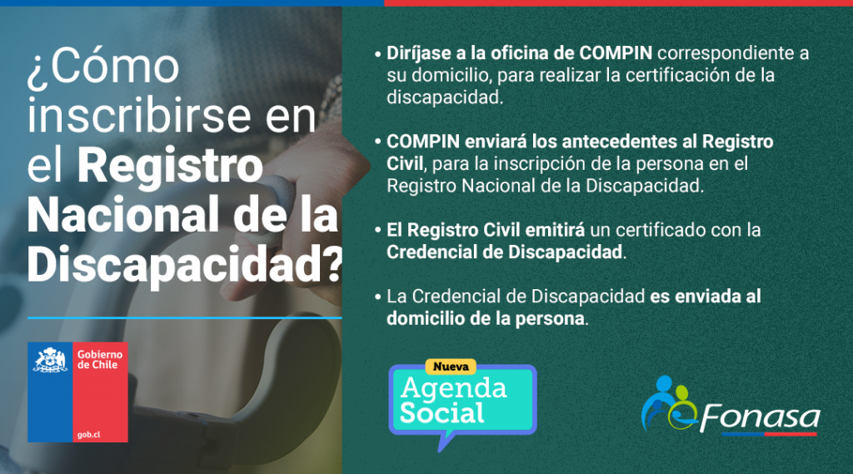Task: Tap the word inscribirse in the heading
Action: point(139,115)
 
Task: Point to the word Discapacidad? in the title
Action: point(185,265)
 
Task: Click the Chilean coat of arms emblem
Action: point(50,360)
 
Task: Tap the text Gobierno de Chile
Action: point(100,360)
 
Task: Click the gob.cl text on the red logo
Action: point(88,435)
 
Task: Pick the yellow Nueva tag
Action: point(451,367)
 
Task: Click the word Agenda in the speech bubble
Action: point(454,387)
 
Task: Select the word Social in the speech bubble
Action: point(441,413)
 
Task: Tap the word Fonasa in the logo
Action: point(760,418)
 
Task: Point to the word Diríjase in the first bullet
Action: point(419,54)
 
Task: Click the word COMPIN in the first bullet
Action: point(616,53)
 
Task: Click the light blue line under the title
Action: point(184,317)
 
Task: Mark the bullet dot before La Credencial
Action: point(378,297)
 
